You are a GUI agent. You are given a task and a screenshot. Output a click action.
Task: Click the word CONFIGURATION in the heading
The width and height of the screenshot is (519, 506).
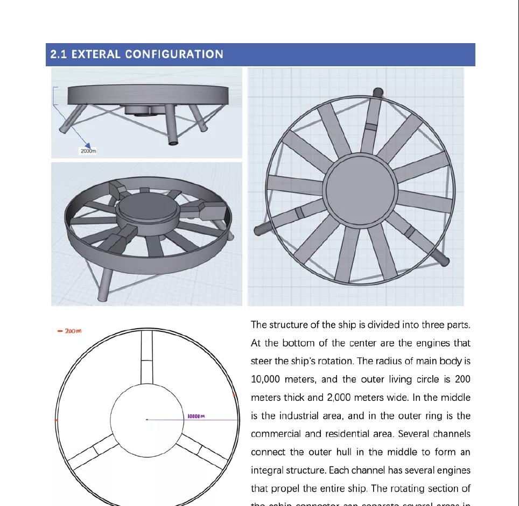tap(174, 54)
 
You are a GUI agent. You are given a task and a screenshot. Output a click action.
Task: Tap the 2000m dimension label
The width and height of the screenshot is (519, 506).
tap(88, 151)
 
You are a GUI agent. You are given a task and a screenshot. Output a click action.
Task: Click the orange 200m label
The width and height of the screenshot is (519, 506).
tap(71, 331)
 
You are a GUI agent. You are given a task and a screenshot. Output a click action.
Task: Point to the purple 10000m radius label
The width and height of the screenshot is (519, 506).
tap(196, 416)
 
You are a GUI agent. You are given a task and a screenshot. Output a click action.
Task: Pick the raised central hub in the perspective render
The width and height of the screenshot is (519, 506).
tap(148, 207)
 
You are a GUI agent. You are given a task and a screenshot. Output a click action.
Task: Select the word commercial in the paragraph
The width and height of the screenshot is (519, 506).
tap(273, 434)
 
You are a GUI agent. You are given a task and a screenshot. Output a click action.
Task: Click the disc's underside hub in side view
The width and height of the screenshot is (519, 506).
tap(143, 110)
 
